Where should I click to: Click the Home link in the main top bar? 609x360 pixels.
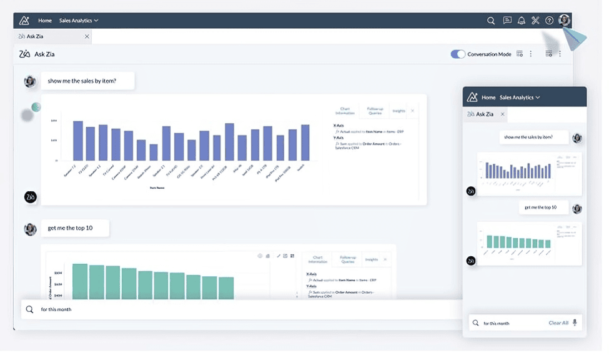pos(45,21)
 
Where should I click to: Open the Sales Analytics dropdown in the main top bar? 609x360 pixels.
pos(79,21)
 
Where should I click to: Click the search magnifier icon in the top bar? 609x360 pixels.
pos(491,21)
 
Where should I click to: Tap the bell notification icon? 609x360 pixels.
pos(522,21)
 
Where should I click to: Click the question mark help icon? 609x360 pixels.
pos(549,21)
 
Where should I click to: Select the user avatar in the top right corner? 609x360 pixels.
pos(565,20)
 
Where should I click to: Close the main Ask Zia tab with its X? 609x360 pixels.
pos(87,36)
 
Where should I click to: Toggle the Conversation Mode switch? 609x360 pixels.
pos(458,54)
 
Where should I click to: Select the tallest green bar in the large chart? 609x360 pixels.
pos(80,282)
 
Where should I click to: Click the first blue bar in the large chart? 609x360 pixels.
pos(78,141)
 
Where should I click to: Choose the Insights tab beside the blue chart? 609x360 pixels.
pos(399,111)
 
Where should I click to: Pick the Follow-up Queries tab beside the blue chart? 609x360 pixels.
pos(375,111)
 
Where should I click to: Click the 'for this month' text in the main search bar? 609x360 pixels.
pos(56,309)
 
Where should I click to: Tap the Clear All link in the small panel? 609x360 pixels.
pos(558,323)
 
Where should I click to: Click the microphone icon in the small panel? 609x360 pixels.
pos(575,323)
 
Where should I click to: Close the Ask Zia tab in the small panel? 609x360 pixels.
pos(503,114)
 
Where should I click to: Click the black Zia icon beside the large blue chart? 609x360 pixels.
pos(31,197)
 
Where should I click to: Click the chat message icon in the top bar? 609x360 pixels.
pos(507,21)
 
